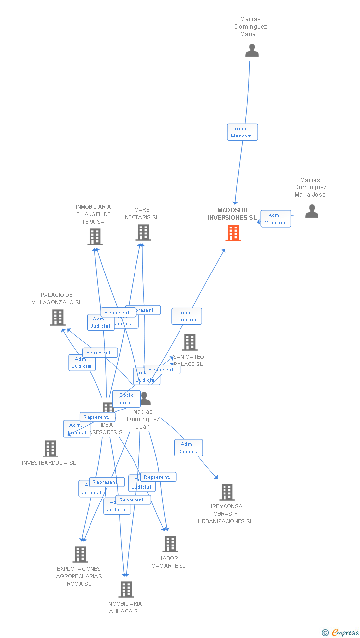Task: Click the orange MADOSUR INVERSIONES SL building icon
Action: click(x=233, y=233)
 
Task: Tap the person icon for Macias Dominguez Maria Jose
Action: click(x=312, y=211)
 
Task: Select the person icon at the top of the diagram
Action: click(x=252, y=50)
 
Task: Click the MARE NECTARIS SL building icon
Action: click(x=143, y=232)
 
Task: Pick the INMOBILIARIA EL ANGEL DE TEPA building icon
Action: click(x=94, y=237)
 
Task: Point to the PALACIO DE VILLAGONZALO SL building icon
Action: click(x=58, y=318)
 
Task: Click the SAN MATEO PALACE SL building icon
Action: click(x=190, y=342)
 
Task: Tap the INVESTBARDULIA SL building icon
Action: click(x=50, y=449)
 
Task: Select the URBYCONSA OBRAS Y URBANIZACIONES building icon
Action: click(x=227, y=492)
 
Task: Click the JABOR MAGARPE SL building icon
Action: click(x=170, y=544)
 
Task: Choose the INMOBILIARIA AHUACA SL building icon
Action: click(x=126, y=590)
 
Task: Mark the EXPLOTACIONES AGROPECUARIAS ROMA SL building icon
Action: click(x=80, y=554)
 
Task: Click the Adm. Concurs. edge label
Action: click(x=188, y=448)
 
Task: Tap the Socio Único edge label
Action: click(x=127, y=399)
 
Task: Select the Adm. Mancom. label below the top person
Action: click(x=242, y=132)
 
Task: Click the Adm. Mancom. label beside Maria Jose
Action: click(x=276, y=219)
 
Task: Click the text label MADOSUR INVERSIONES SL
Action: click(x=232, y=214)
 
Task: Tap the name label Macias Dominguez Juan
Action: click(x=143, y=419)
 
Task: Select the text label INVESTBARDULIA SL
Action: click(x=49, y=463)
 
